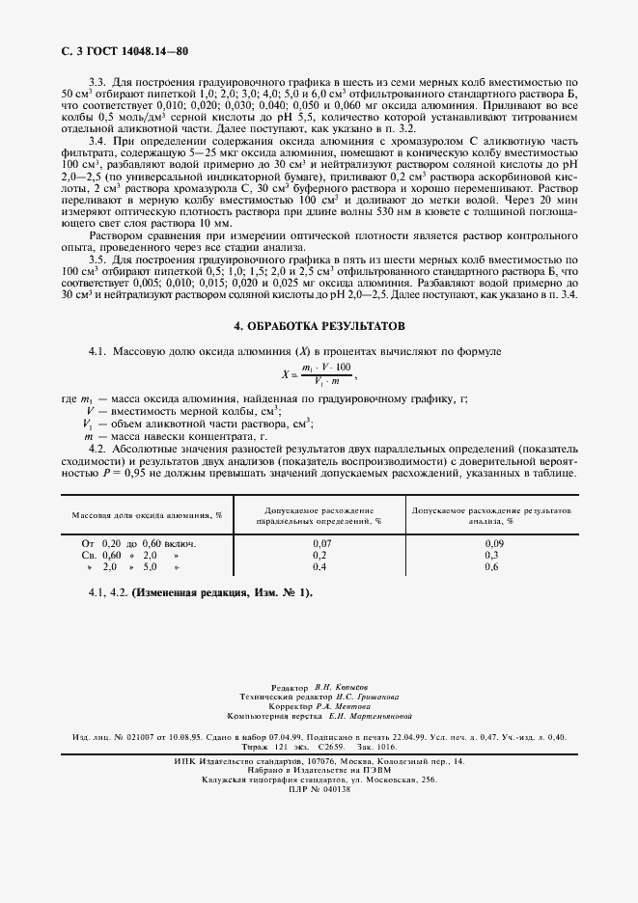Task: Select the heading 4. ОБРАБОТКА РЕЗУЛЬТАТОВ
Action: click(319, 327)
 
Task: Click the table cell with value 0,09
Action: click(491, 544)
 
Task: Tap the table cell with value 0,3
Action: click(491, 556)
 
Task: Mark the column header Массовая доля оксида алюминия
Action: click(147, 515)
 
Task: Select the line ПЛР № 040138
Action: click(319, 789)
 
